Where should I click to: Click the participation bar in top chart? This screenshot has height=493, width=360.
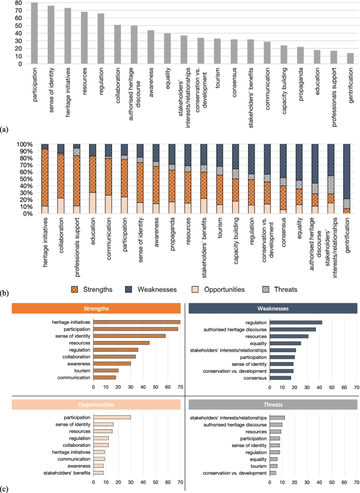[34, 33]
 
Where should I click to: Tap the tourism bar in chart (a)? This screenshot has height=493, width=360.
[217, 51]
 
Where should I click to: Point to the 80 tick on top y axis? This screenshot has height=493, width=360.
[18, 3]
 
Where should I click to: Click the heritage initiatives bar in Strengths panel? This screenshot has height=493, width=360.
[137, 322]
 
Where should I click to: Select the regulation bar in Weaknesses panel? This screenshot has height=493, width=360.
[295, 322]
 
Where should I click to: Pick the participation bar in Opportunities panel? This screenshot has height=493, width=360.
[112, 417]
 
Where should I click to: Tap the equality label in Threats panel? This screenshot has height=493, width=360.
[258, 459]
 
